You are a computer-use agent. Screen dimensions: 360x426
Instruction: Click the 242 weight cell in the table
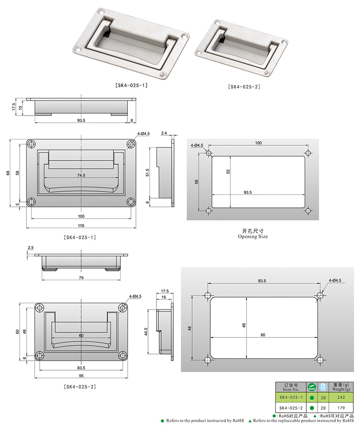click(x=341, y=397)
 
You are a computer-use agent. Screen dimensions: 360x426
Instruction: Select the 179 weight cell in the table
click(x=341, y=408)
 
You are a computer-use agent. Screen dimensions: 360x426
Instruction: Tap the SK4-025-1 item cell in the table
click(x=291, y=397)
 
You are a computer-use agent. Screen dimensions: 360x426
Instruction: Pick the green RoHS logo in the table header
click(x=312, y=387)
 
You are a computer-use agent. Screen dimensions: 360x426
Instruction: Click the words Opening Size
click(x=253, y=236)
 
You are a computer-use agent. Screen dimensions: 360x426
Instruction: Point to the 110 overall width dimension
click(x=81, y=225)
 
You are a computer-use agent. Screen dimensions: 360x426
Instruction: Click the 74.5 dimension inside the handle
click(x=81, y=175)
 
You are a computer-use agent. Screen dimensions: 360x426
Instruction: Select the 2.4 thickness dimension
click(x=164, y=133)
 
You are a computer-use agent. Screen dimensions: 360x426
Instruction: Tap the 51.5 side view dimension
click(x=147, y=173)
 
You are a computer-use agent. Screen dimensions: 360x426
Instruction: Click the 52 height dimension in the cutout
click(x=228, y=171)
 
